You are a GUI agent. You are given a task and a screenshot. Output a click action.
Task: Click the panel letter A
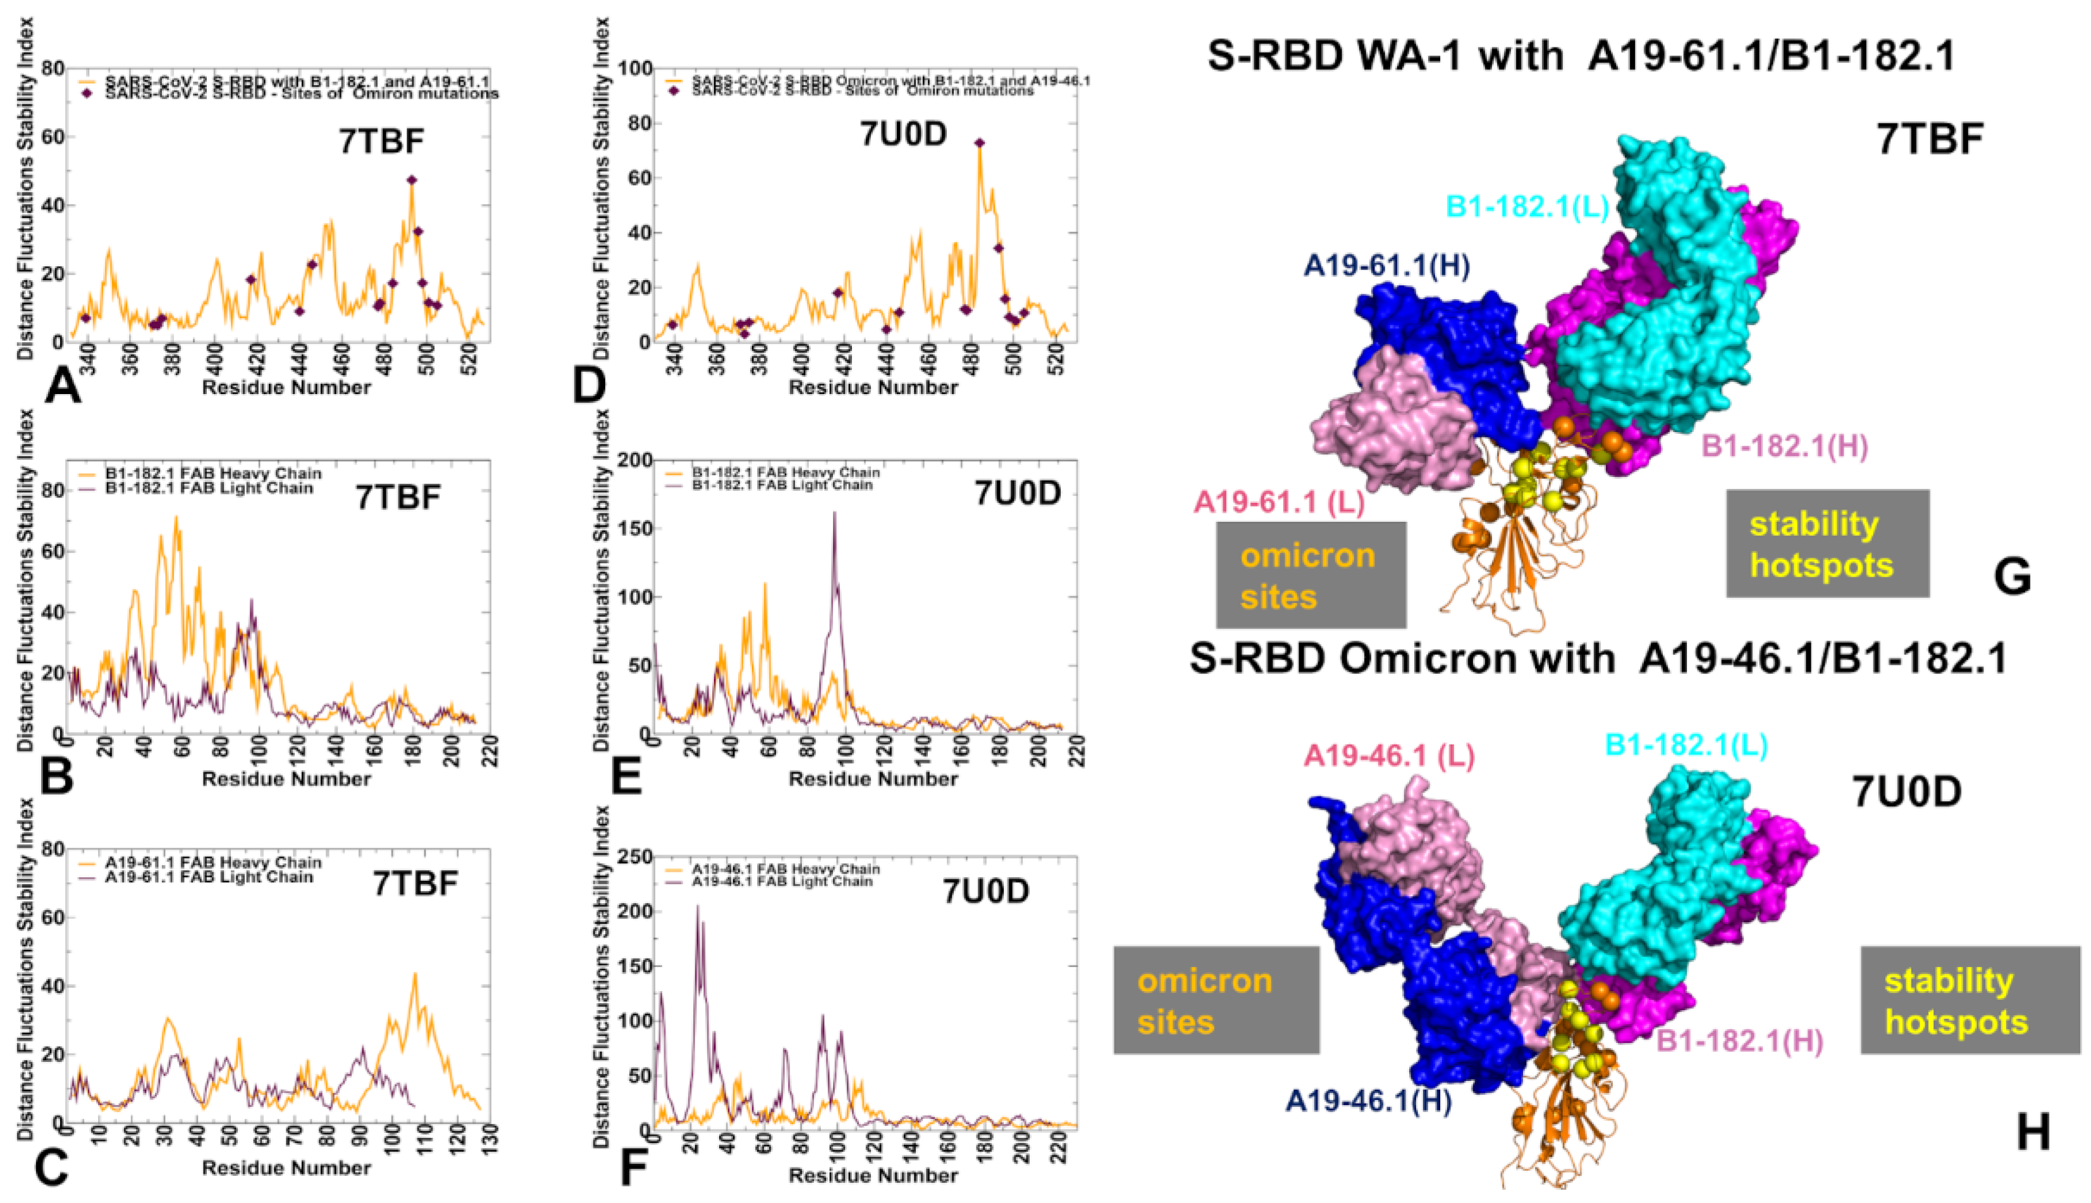click(x=62, y=386)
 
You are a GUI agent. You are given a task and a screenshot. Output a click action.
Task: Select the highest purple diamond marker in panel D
click(x=979, y=143)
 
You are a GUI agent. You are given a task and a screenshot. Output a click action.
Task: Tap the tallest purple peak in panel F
click(x=697, y=907)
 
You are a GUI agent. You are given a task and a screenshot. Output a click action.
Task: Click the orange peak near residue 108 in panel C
click(x=415, y=975)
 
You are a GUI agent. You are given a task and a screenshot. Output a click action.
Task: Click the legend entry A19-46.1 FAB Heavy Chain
click(x=785, y=869)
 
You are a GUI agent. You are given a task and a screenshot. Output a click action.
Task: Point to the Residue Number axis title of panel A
click(x=286, y=388)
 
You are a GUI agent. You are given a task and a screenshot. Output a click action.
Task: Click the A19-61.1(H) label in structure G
click(x=1386, y=266)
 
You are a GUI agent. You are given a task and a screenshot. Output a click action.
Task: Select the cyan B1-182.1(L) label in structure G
click(x=1527, y=207)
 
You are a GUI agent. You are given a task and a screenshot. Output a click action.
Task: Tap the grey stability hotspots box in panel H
click(x=1970, y=1001)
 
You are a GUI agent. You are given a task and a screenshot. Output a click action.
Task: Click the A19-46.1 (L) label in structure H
click(x=1389, y=756)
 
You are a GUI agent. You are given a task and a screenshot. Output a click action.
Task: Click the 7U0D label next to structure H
click(x=1906, y=793)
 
